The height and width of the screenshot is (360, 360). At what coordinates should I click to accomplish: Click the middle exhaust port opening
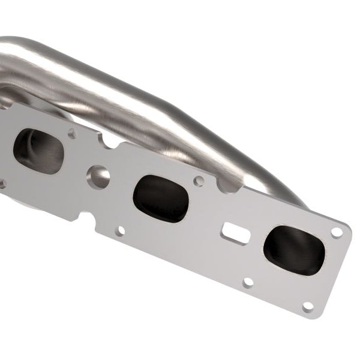[161, 198]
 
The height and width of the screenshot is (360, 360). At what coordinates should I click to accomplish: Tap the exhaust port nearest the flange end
[294, 249]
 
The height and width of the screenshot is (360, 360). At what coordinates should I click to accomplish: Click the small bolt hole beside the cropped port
[72, 133]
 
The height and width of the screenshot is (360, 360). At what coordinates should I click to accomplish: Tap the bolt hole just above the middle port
[199, 180]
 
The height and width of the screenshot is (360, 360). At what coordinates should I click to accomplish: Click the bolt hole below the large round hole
[120, 230]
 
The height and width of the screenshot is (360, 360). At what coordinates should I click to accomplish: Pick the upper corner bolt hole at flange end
[337, 232]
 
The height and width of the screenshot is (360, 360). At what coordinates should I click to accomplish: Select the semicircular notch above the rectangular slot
[227, 186]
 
